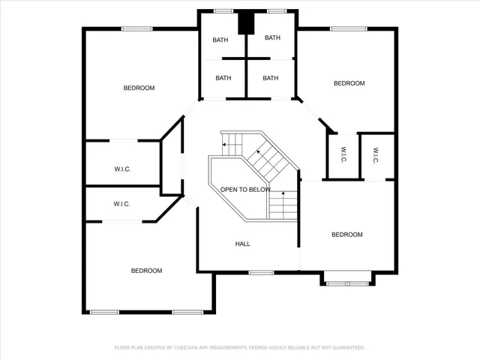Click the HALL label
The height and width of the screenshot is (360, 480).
242,244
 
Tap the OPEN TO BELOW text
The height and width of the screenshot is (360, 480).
245,190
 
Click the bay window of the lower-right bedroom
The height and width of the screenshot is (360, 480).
348,282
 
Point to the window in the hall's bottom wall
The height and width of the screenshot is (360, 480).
261,272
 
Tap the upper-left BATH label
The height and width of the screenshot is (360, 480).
220,39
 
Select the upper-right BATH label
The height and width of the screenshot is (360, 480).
271,38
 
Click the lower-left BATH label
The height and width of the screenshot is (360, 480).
223,78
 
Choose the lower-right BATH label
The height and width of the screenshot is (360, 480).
270,78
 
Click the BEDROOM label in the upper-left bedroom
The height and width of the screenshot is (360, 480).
139,88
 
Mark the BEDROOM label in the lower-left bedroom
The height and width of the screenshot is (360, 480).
146,271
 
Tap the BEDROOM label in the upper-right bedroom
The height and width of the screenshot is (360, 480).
349,83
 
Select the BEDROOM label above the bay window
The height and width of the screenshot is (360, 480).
346,235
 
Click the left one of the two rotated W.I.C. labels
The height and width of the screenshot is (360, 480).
343,156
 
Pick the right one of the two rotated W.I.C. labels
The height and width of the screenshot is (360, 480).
374,156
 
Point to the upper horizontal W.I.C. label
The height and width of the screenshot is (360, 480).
122,169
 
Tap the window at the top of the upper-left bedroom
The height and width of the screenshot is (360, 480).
137,29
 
